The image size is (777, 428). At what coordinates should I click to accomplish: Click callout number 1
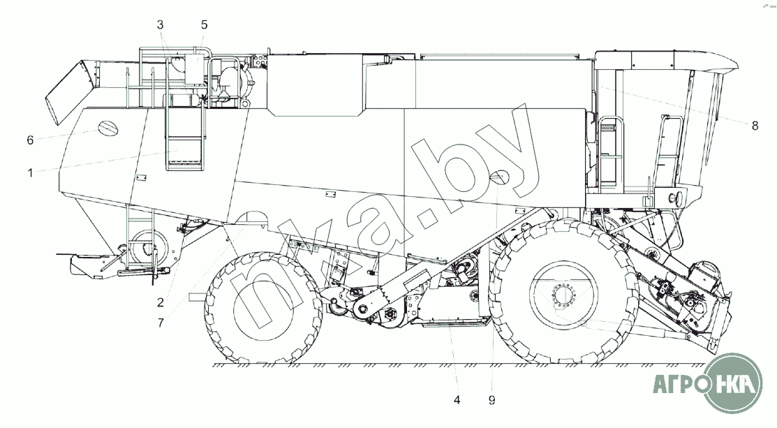(30, 173)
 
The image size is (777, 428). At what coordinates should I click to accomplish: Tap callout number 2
(161, 302)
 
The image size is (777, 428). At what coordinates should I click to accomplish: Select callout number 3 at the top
(160, 24)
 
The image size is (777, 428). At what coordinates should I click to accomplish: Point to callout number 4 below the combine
(457, 400)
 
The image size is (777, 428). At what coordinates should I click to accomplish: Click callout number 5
(204, 24)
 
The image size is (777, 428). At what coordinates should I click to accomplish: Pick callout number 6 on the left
(30, 140)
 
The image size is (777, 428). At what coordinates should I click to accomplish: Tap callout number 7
(161, 323)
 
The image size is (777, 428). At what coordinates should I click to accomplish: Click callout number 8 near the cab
(755, 126)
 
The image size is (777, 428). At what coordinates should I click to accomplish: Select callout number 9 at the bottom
(491, 400)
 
